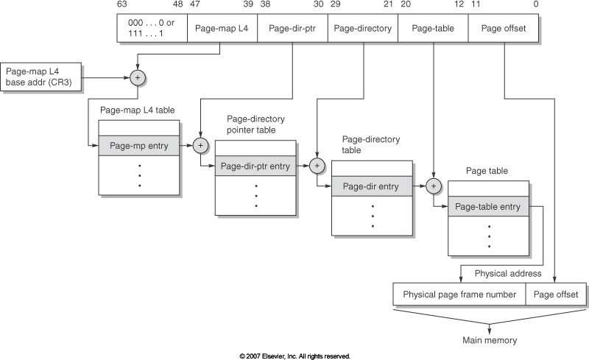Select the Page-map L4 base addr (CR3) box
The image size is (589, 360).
43,77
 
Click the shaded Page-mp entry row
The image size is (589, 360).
139,146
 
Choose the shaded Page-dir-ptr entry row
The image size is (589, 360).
255,166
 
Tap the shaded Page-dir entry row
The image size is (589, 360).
372,187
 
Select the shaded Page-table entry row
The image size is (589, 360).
488,207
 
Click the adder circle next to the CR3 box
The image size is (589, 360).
138,77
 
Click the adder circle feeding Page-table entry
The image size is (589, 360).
434,187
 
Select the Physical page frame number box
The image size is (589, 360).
459,294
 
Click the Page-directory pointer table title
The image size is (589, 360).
255,124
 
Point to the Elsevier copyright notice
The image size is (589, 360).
294,356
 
